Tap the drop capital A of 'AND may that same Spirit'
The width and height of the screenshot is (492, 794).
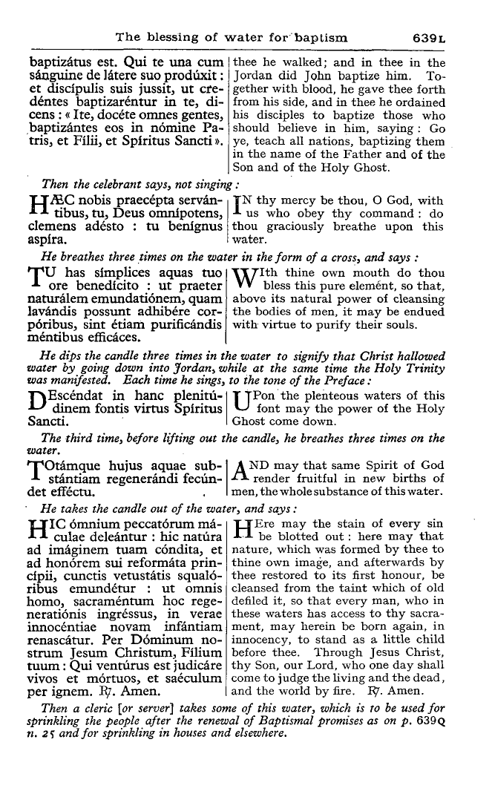pos(242,472)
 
